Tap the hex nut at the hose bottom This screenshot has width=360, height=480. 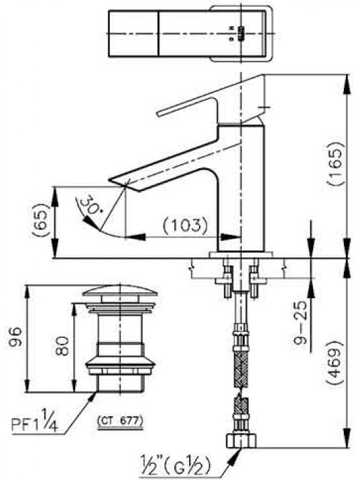tap(240, 440)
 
